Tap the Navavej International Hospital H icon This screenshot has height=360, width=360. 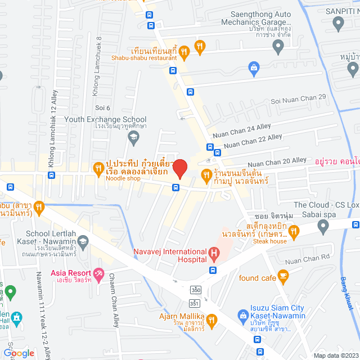(x=214, y=254)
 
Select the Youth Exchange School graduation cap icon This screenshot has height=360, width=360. (x=133, y=137)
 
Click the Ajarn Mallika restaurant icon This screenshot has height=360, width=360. (x=211, y=320)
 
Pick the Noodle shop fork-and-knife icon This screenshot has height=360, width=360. (x=98, y=167)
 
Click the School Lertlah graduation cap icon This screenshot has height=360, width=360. (x=83, y=242)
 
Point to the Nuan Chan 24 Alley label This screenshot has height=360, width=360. (x=241, y=132)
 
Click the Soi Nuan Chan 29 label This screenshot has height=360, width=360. (x=298, y=97)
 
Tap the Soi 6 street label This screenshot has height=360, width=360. (x=103, y=108)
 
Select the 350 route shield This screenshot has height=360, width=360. (x=195, y=290)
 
